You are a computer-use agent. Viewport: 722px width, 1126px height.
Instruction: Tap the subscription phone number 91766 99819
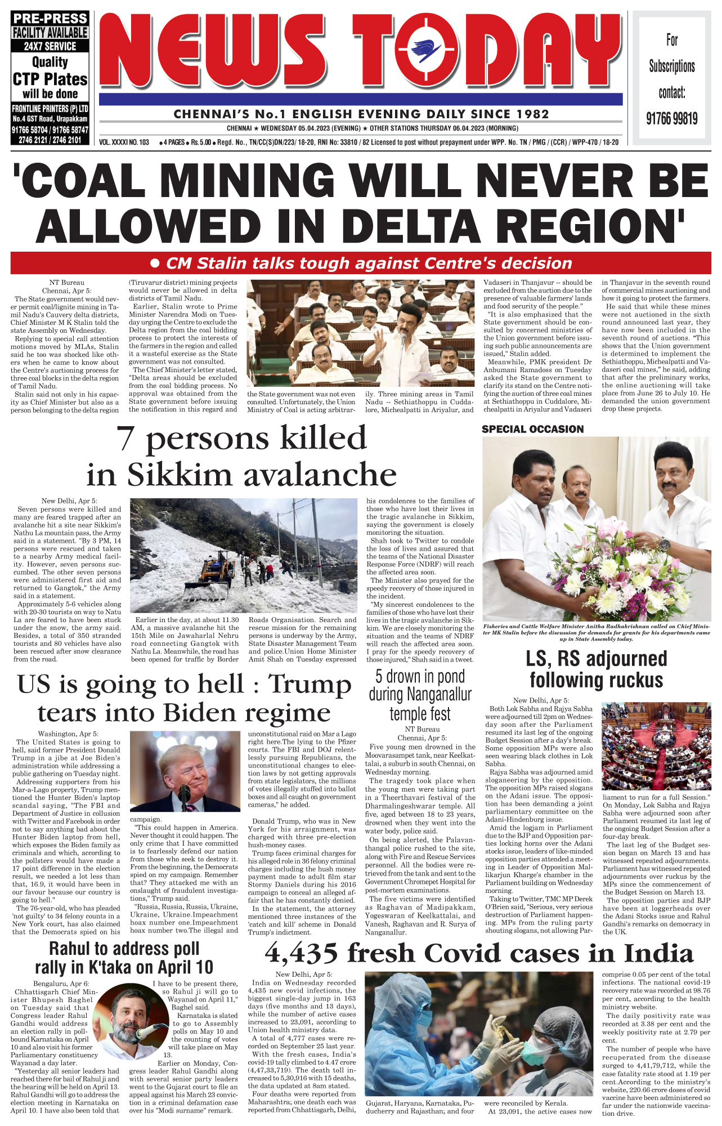click(671, 119)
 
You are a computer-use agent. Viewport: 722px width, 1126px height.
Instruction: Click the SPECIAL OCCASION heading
click(532, 429)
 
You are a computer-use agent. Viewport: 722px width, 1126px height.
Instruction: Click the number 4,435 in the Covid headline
click(301, 954)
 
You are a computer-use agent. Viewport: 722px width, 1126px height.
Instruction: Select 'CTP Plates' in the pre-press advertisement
click(50, 79)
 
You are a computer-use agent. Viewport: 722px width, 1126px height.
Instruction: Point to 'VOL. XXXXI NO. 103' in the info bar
click(124, 142)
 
